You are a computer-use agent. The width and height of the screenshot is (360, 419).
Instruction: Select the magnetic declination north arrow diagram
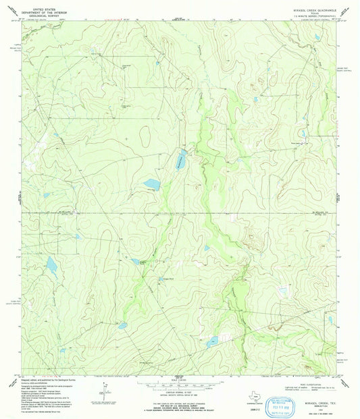point(103,391)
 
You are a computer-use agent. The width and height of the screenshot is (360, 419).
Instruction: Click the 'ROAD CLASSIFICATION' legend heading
point(310,380)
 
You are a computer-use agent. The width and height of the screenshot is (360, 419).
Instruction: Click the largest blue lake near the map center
point(151,184)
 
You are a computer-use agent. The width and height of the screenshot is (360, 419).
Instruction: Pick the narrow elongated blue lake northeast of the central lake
point(181,160)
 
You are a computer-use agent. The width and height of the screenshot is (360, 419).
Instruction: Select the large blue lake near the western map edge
point(51,265)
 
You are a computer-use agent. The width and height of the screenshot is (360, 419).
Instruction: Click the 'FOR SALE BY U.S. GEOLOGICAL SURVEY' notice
point(179,405)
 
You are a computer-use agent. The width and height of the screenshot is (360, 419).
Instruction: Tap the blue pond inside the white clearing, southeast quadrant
point(284,291)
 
